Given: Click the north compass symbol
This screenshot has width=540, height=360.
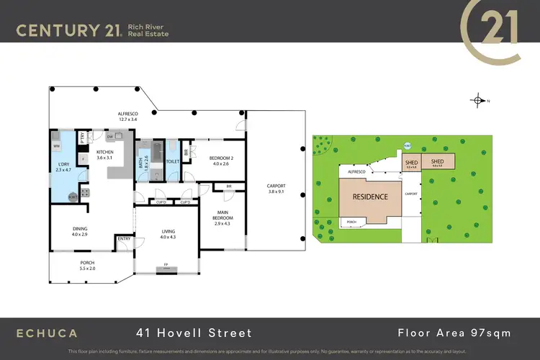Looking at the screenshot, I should [x=479, y=100].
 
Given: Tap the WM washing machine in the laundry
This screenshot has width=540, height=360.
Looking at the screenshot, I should [x=56, y=146].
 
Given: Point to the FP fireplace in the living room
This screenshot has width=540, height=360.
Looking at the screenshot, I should [x=166, y=265].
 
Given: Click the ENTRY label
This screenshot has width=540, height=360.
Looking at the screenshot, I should [x=124, y=238].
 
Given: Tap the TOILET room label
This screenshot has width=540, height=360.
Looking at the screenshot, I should [x=173, y=162].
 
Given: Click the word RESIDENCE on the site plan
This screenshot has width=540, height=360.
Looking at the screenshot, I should [x=369, y=197].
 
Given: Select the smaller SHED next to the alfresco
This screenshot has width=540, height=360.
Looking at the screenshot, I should [x=411, y=163].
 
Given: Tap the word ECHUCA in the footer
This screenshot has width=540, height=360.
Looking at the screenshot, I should [x=48, y=333].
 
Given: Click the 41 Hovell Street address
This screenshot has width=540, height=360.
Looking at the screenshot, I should [x=194, y=333].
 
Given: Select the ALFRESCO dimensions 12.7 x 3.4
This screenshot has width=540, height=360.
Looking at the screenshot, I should [x=132, y=121].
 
